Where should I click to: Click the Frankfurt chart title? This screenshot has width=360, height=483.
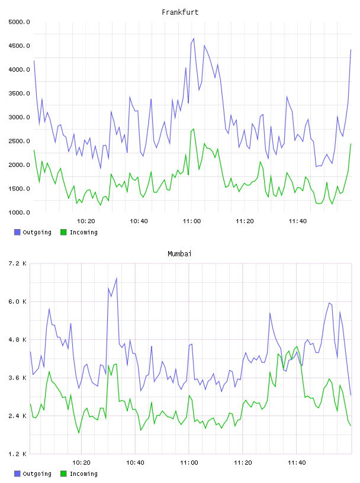180,12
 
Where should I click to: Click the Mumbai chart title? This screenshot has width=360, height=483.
179,254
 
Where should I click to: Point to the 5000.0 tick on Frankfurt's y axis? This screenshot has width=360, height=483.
19,22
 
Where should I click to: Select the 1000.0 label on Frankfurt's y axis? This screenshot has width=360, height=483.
19,212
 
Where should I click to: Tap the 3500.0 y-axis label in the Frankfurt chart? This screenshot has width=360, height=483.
19,94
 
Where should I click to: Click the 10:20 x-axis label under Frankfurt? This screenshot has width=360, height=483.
86,221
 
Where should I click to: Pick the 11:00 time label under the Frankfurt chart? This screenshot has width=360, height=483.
192,221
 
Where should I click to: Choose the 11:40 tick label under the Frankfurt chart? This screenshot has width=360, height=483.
297,221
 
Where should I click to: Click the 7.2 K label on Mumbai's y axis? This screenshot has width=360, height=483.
17,263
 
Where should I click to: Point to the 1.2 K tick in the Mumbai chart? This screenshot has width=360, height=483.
17,454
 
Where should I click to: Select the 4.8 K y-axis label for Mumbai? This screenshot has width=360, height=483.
17,339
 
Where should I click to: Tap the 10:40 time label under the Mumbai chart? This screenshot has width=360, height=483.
135,463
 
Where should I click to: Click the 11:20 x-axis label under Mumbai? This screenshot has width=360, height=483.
243,463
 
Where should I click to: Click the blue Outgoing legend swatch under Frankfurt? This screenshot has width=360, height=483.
17,232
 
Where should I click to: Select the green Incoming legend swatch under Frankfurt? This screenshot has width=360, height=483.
63,232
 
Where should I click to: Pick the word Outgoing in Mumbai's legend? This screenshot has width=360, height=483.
37,474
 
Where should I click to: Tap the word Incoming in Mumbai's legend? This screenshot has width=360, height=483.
83,474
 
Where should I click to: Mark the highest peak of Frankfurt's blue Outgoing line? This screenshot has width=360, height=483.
194,38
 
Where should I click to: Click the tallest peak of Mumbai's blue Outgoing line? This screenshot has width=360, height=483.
117,278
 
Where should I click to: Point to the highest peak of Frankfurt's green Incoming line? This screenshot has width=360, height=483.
194,129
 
